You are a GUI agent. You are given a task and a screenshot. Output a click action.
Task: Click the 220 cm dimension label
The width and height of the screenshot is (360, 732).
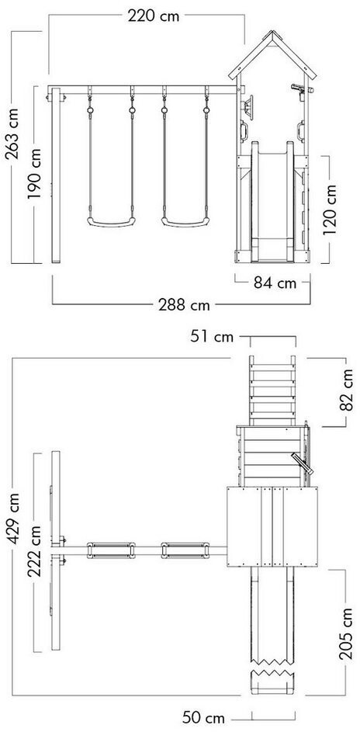pos(154,16)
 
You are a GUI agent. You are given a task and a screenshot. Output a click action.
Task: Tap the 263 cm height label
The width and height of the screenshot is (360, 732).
pos(12,134)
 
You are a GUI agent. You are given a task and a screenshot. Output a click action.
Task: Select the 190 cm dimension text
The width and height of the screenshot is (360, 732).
pos(34,174)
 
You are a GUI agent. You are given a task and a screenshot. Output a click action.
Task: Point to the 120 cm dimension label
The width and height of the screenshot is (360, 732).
pos(331,210)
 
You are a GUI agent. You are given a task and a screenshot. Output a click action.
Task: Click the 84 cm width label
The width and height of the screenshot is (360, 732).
pos(275,283)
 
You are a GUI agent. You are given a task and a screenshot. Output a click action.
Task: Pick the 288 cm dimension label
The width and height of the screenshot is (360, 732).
pos(184,305)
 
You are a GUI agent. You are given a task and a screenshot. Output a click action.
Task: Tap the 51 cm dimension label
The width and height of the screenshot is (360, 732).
pos(212,337)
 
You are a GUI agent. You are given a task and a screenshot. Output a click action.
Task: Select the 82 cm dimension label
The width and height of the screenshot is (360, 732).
pos(347,390)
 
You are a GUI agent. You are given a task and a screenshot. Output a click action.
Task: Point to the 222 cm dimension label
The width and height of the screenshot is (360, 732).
pos(34,551)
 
